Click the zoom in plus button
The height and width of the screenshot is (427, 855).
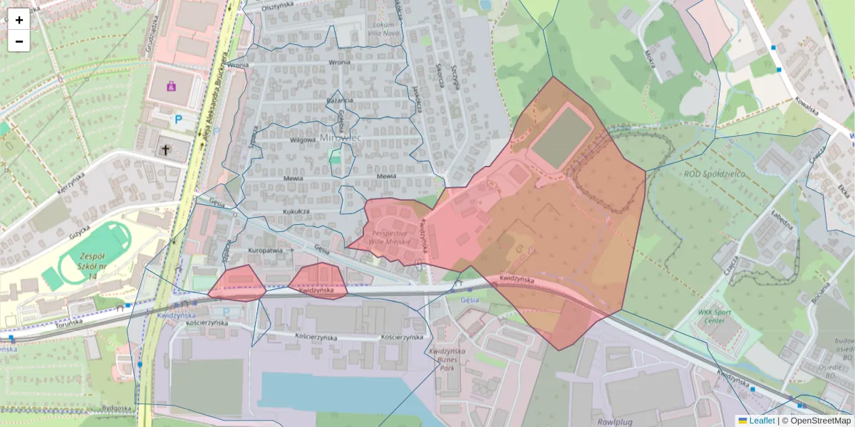pyautogui.click(x=19, y=20)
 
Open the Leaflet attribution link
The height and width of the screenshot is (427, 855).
pyautogui.click(x=762, y=421)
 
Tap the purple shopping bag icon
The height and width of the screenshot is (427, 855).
pyautogui.click(x=171, y=86)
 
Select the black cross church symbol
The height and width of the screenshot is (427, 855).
pyautogui.click(x=166, y=150)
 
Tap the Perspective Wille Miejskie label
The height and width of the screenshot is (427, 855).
pyautogui.click(x=390, y=238)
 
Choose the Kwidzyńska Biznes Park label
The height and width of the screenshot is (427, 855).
pyautogui.click(x=447, y=361)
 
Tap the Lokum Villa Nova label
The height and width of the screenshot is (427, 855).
pyautogui.click(x=383, y=28)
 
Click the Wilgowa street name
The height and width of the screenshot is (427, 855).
pyautogui.click(x=303, y=140)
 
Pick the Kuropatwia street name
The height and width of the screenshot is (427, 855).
pyautogui.click(x=266, y=251)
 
